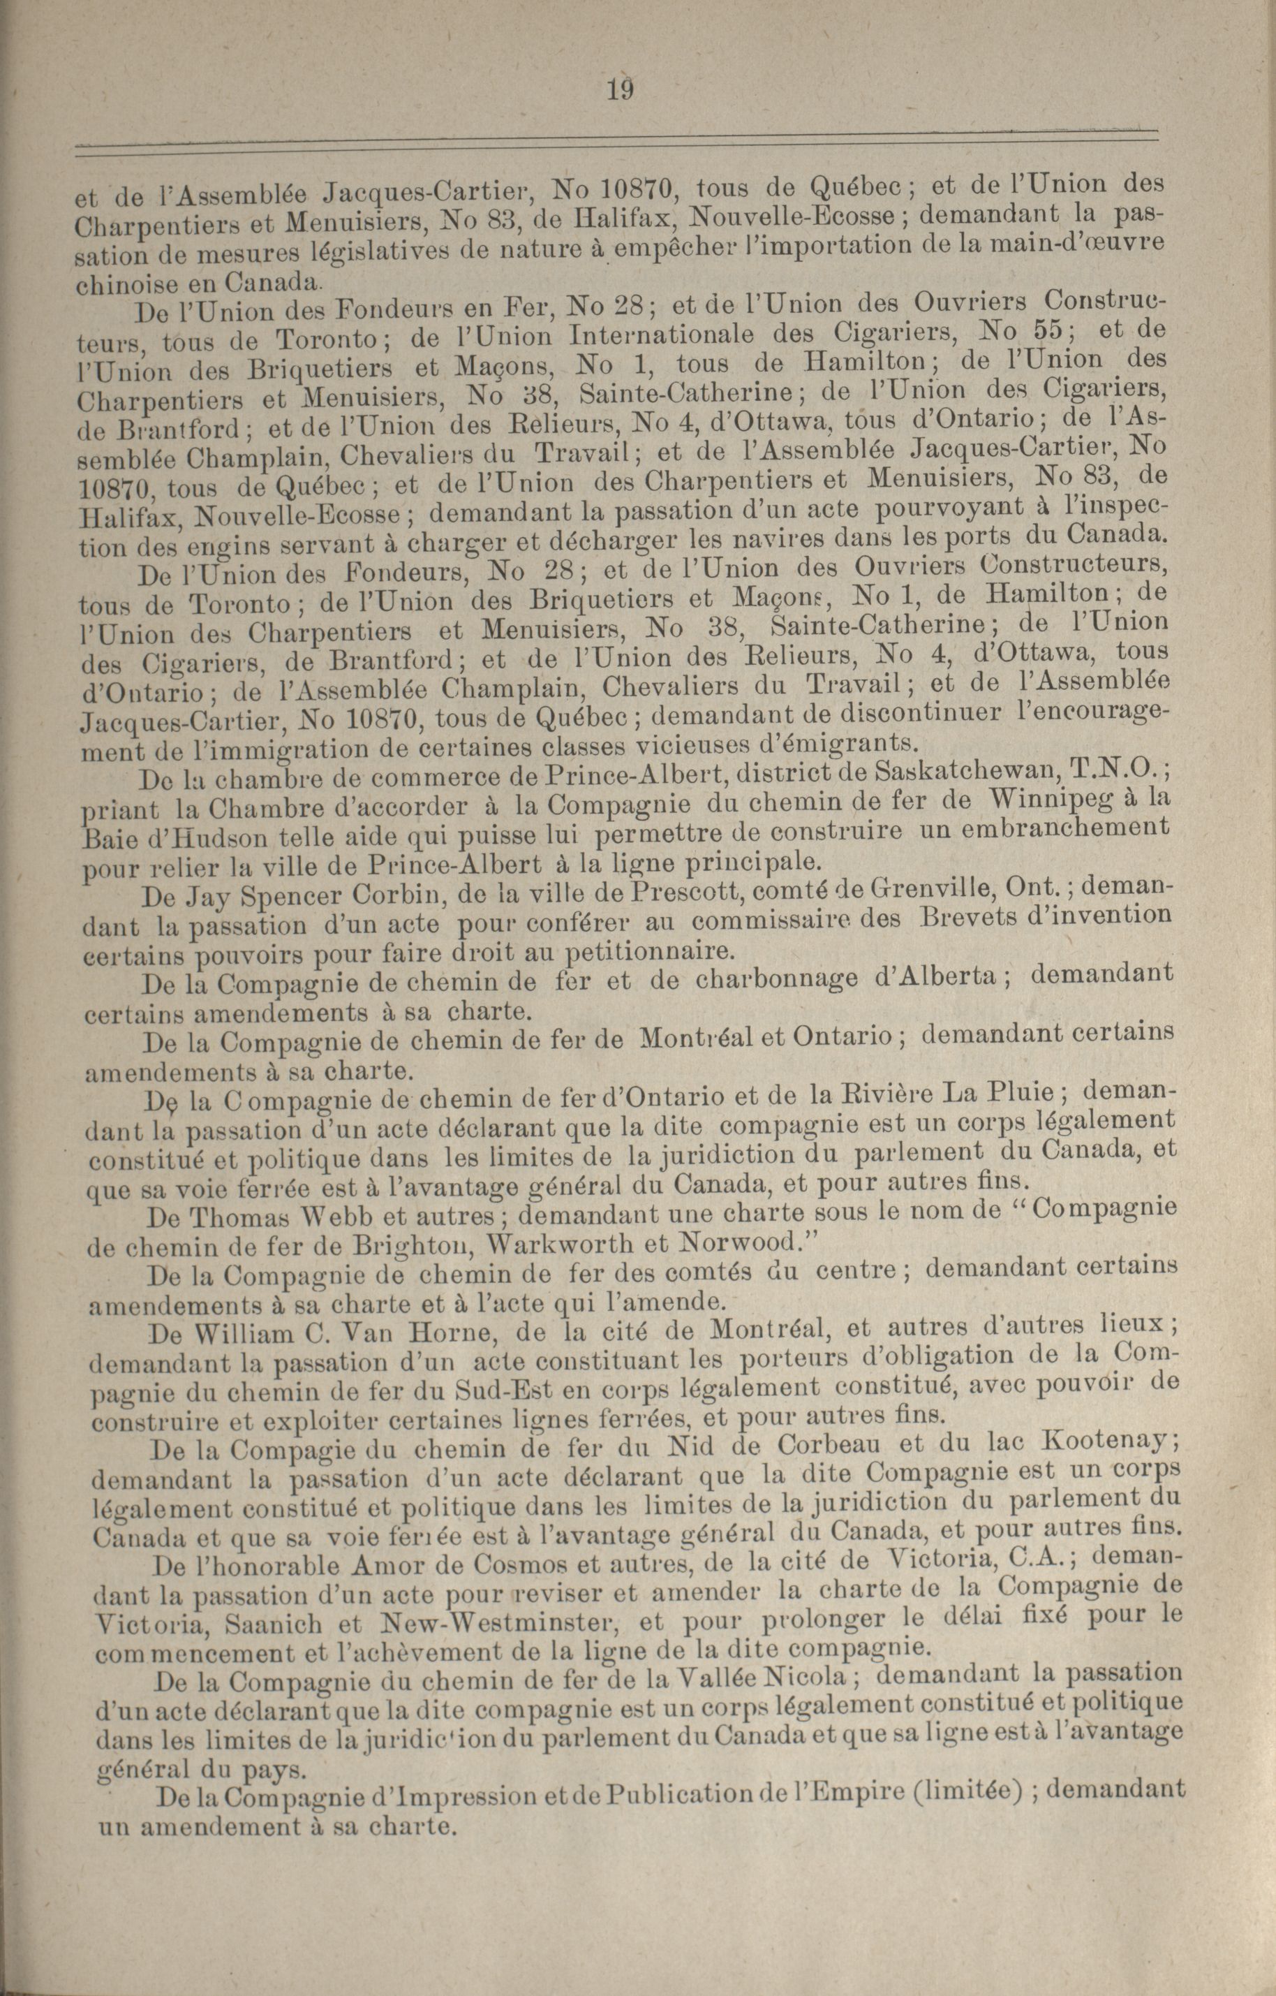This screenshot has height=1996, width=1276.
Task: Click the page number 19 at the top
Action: tap(619, 87)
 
